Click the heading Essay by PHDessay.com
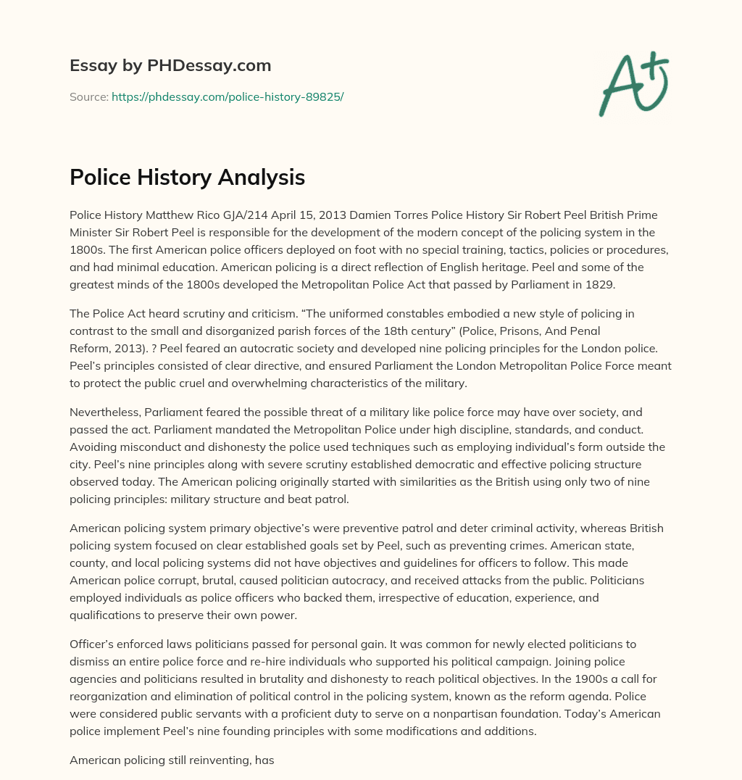point(170,66)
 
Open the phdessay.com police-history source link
point(227,96)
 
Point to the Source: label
point(88,96)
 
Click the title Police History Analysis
point(187,177)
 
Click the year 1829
point(599,284)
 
